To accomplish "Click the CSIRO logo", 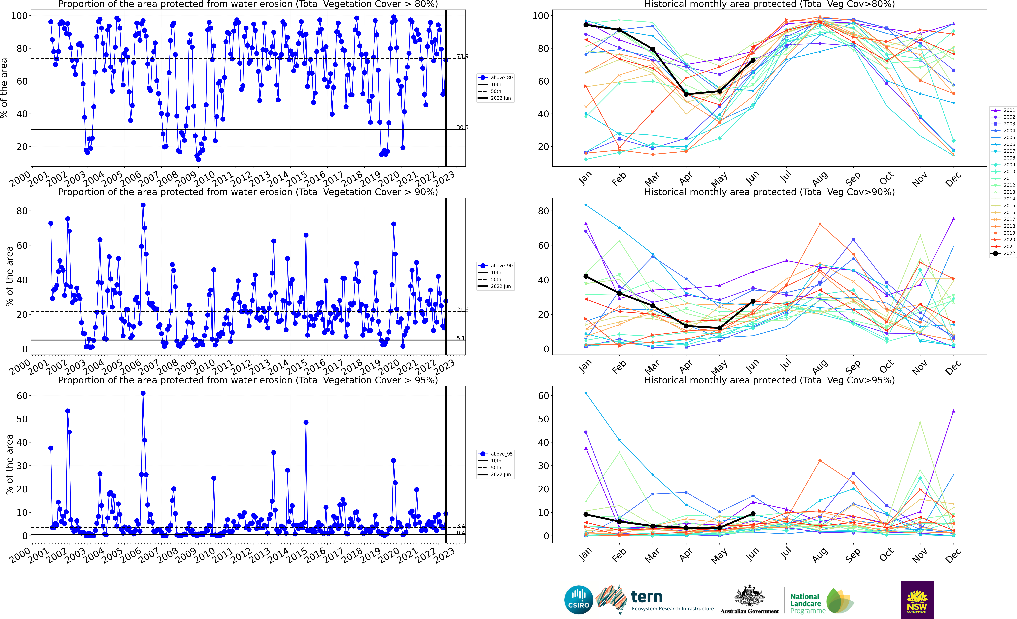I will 579,600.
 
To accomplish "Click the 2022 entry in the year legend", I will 1003,253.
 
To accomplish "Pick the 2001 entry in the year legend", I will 1003,110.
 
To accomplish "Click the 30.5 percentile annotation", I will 462,127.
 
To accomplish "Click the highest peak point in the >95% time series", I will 143,393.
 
